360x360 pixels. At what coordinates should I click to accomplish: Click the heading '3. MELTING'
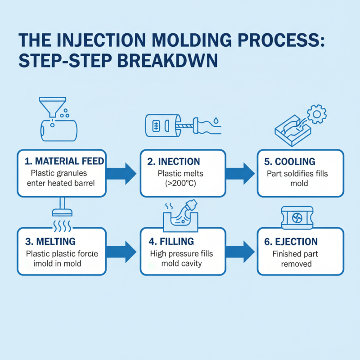(50, 241)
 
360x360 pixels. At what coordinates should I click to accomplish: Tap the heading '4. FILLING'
(171, 241)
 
